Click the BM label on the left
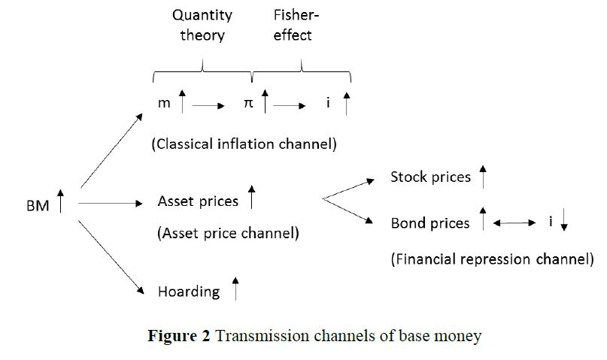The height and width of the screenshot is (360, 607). tap(37, 204)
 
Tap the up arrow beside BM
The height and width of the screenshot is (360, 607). tap(60, 202)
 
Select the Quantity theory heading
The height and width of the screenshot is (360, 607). tap(202, 25)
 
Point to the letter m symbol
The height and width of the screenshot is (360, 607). tap(164, 104)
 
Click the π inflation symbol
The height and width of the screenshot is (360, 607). tap(248, 104)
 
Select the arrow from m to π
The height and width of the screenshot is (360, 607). tap(208, 107)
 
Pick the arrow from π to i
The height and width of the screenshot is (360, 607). tap(289, 107)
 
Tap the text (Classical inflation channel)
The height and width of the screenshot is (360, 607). tap(244, 144)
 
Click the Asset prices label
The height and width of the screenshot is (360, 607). tap(198, 201)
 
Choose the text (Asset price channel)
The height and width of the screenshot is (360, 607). tap(228, 232)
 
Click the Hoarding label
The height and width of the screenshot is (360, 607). tap(189, 291)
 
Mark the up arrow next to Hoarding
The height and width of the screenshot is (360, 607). tap(235, 288)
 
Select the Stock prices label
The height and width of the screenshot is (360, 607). tap(430, 177)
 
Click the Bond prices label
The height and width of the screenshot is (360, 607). tap(429, 223)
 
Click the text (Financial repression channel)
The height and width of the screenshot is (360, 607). tap(492, 259)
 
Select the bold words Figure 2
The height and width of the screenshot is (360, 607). tap(179, 335)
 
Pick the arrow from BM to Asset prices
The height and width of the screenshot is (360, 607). tap(110, 203)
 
